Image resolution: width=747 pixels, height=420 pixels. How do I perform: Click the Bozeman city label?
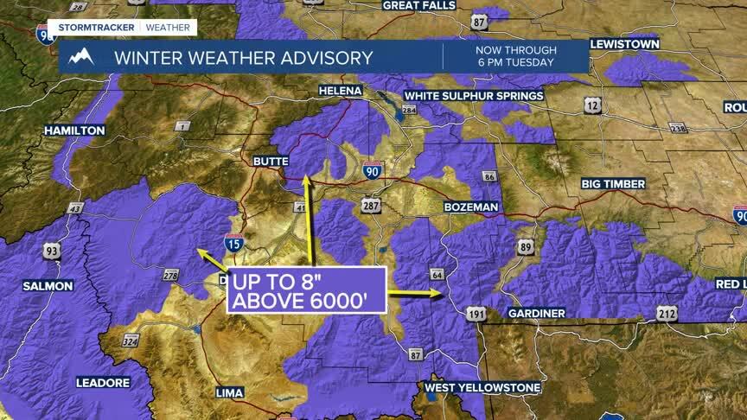coord(471,207)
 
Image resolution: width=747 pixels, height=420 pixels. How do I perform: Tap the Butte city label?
coord(270,161)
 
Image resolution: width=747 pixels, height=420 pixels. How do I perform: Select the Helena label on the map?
coord(340,90)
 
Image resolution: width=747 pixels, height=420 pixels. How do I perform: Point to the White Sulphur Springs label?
coord(474,96)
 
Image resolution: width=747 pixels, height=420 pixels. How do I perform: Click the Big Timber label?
coord(613,184)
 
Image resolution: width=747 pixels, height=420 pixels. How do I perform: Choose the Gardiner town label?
coord(536,313)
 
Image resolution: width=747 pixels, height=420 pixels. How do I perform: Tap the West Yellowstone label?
coord(482,387)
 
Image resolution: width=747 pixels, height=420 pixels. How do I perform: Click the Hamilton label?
coord(74,130)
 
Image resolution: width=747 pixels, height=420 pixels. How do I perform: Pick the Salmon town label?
coord(48,285)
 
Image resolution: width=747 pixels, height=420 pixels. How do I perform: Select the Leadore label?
coord(103,382)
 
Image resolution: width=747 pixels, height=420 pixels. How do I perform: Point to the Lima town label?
coord(229,392)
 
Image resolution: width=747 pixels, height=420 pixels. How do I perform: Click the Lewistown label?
coord(624,43)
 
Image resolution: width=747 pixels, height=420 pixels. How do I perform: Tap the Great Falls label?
coord(418,5)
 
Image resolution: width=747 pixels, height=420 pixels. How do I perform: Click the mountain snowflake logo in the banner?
coord(80,58)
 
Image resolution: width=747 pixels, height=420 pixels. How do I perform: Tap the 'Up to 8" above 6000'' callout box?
coord(306,290)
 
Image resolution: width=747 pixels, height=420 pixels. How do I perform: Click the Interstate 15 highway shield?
coord(233,243)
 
